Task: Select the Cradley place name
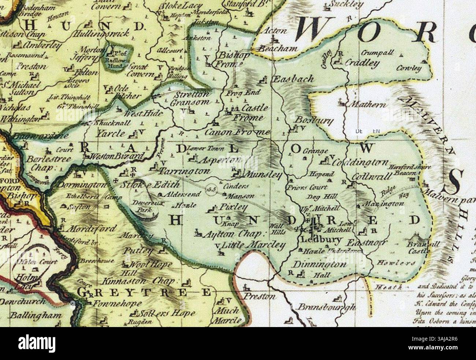click(x=362, y=63)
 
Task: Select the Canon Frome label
click(x=237, y=132)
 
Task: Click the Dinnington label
click(x=320, y=264)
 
